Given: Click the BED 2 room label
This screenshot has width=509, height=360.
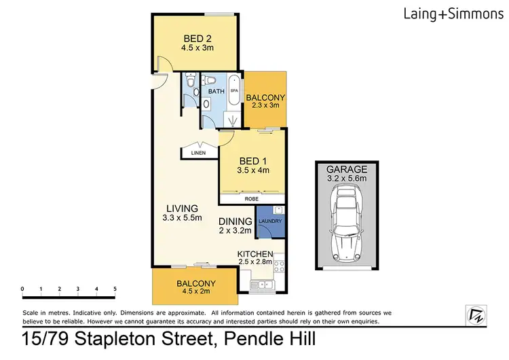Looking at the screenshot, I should click(x=195, y=38).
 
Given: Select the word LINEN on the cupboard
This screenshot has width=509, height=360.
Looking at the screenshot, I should click(x=197, y=154).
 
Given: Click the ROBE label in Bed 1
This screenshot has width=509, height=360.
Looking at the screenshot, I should click(x=250, y=200).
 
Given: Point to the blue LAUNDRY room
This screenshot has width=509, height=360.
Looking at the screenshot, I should click(x=269, y=221).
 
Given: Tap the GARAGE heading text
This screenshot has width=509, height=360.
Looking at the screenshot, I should click(x=347, y=169).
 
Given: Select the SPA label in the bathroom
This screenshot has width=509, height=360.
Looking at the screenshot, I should click(x=234, y=90).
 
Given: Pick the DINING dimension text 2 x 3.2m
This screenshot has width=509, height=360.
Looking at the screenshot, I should click(x=235, y=231).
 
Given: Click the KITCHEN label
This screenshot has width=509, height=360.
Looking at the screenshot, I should click(x=255, y=253).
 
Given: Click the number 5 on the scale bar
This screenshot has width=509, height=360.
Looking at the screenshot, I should click(x=115, y=289).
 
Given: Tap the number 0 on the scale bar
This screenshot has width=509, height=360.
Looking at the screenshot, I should click(x=23, y=289).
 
